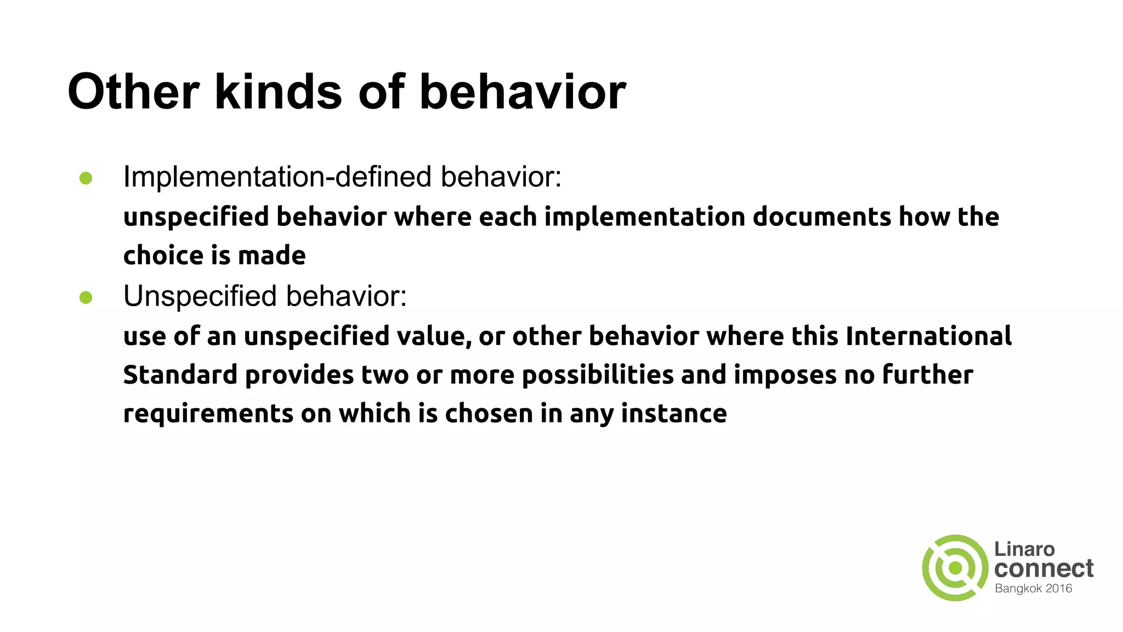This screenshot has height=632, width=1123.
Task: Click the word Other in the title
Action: [133, 92]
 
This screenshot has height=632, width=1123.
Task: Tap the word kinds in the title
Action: [279, 92]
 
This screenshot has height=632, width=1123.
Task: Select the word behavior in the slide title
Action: [523, 92]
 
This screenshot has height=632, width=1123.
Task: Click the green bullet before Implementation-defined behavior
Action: [86, 178]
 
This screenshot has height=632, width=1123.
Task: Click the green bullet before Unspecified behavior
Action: [86, 297]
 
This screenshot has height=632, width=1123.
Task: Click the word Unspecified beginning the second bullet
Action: [200, 296]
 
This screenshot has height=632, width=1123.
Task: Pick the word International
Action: [928, 336]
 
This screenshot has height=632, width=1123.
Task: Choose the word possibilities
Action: [598, 375]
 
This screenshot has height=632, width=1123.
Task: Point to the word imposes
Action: [785, 375]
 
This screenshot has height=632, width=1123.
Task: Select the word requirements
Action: [208, 414]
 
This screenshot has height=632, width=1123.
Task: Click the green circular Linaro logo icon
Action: [955, 568]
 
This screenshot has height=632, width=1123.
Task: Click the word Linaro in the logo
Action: [1024, 549]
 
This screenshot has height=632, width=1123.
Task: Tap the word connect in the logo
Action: [1043, 569]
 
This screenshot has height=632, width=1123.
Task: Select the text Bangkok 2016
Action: [1033, 589]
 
